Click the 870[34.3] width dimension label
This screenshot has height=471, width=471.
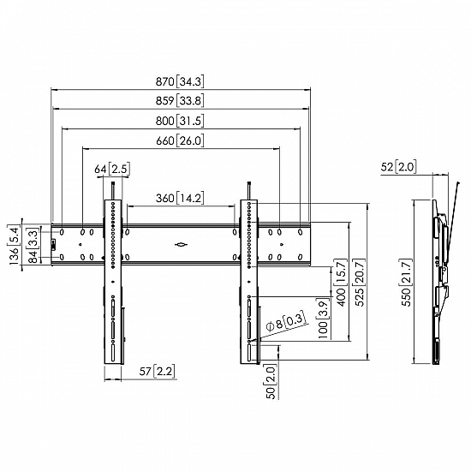(180, 81)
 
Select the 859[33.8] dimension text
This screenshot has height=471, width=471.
(180, 101)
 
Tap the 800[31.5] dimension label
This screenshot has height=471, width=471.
(180, 121)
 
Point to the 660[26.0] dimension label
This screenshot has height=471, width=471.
(180, 140)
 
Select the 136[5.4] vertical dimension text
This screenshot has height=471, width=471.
(13, 247)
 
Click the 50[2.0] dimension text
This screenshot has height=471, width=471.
(271, 380)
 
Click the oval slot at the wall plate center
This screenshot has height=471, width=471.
(182, 245)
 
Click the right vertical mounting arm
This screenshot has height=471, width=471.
(248, 283)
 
